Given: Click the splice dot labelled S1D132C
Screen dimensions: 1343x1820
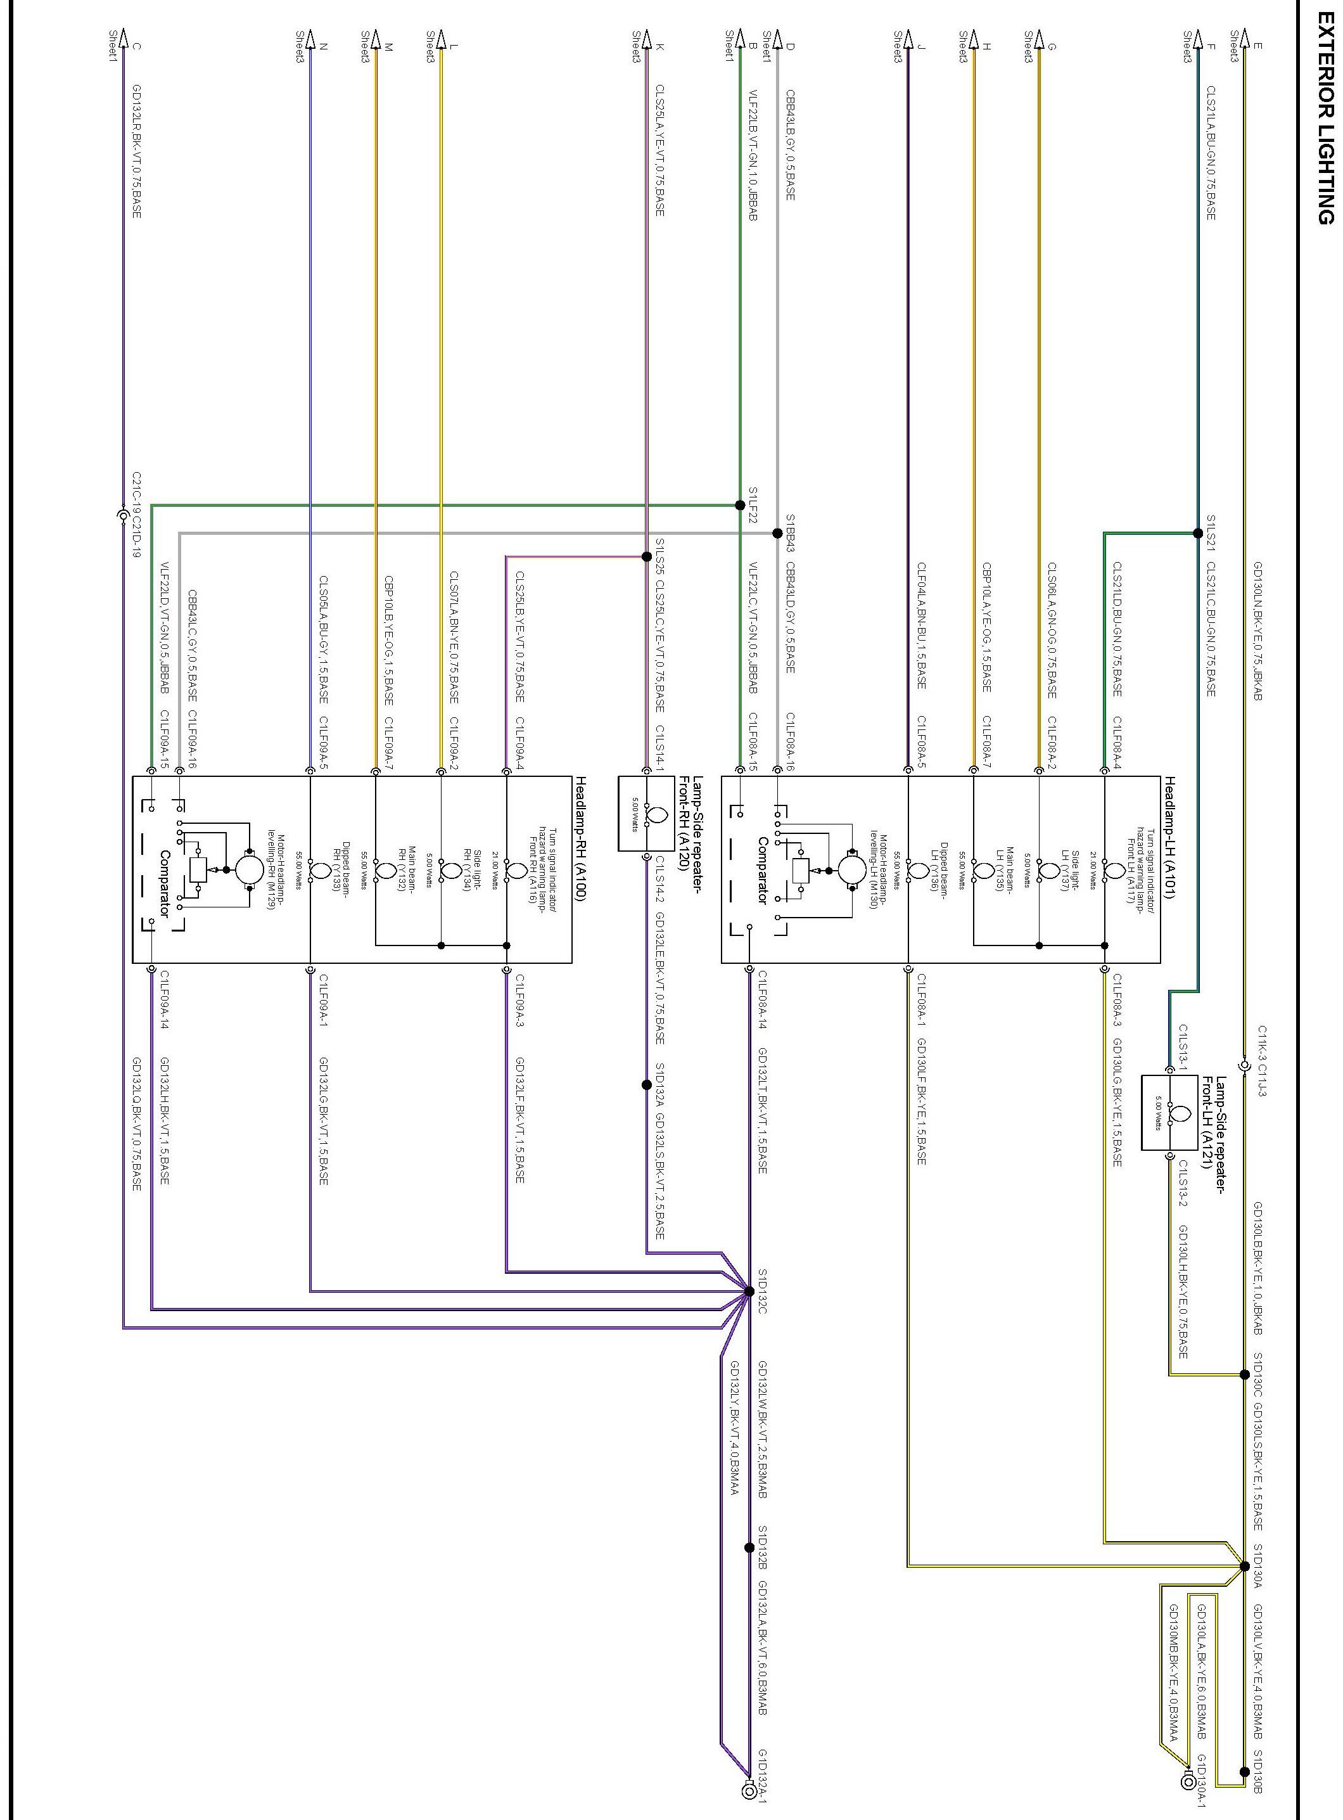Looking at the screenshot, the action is tap(749, 1291).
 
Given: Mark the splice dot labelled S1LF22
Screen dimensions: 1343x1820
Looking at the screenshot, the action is tap(740, 505).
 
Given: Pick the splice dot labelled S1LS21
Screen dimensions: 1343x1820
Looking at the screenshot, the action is tap(1197, 534).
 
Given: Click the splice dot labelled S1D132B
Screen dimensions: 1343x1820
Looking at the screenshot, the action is tap(749, 1548).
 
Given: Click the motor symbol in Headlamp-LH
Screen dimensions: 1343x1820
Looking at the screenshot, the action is tap(851, 871).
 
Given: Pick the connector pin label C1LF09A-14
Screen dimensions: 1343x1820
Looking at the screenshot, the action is tap(164, 1000).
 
